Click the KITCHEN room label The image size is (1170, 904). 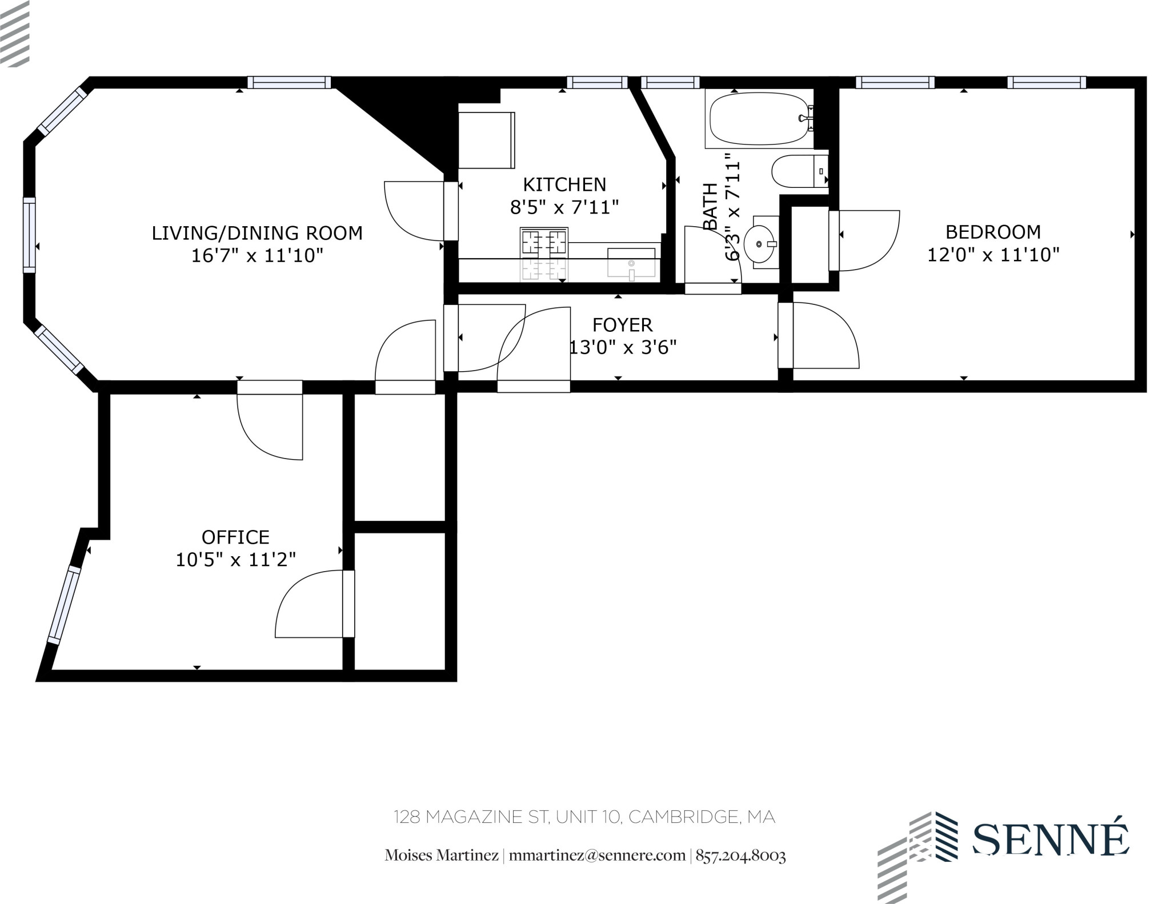pos(564,184)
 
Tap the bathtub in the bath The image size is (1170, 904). pos(759,120)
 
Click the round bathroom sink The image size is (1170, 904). pos(760,244)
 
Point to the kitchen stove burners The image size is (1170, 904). pos(544,242)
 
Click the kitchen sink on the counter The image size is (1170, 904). pos(631,262)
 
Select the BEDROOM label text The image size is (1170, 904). pos(993,232)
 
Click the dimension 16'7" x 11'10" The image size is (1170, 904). pos(257,255)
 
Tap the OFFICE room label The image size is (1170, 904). pos(235,537)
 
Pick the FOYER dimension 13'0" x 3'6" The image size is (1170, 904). pos(623,347)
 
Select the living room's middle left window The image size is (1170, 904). pos(29,235)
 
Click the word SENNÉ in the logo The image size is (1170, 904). pos(1050,839)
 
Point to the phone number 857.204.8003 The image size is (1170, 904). pos(740,855)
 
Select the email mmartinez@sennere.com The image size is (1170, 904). pos(597,855)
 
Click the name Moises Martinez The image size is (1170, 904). pos(441,855)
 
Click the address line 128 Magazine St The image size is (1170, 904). pos(584,817)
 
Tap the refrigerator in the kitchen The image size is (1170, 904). pos(486,140)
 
